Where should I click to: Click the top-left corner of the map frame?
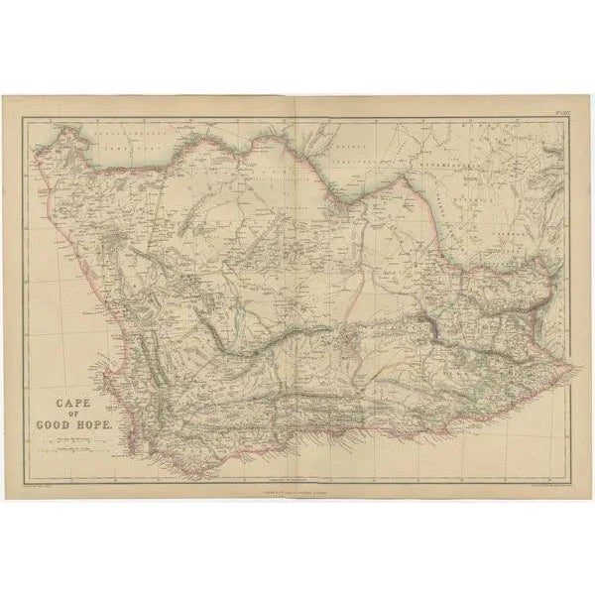click(x=24, y=116)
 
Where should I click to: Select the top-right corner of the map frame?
click(x=572, y=116)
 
